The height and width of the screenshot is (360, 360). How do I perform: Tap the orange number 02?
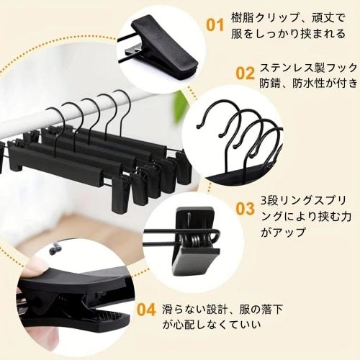tap(246, 73)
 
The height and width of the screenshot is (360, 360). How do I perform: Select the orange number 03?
tap(246, 209)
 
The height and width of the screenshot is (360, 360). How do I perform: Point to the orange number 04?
tap(146, 310)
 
